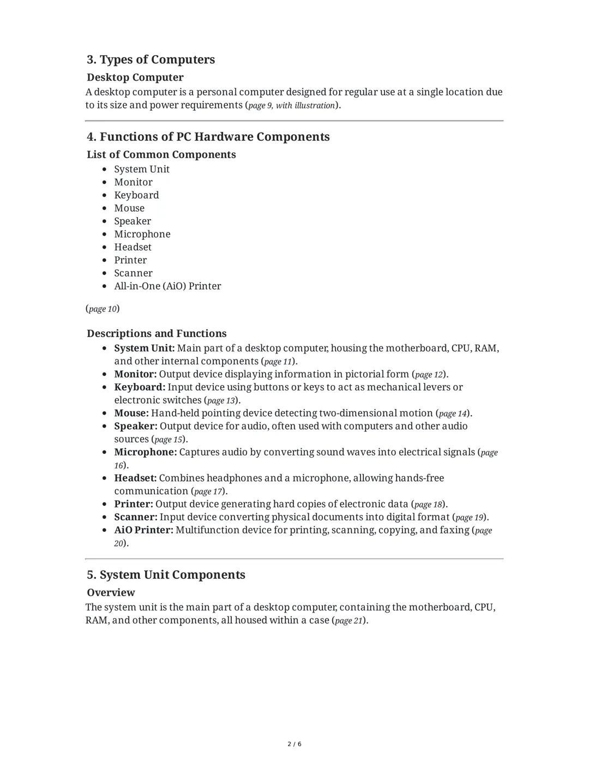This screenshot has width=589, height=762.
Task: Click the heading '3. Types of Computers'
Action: tap(151, 59)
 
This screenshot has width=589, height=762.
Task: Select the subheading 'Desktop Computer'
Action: tap(135, 77)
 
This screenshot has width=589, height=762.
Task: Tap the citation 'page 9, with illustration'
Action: tap(291, 105)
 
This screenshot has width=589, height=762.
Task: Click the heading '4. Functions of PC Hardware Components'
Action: tap(208, 137)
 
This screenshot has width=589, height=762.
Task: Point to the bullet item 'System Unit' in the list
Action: tap(142, 169)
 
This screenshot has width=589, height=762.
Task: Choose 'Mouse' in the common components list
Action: tap(129, 208)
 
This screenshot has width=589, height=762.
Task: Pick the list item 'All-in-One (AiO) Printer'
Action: tap(167, 286)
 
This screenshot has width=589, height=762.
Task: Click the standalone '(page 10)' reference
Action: tap(103, 309)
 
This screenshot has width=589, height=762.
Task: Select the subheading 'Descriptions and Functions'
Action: tap(157, 333)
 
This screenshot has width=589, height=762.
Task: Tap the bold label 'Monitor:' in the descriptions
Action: tap(135, 374)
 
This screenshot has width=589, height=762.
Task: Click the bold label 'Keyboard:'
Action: tap(140, 387)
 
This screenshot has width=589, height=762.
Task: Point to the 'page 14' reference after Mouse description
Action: tap(453, 413)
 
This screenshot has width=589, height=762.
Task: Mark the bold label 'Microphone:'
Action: tap(145, 452)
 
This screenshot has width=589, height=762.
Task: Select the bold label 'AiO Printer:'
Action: tap(143, 530)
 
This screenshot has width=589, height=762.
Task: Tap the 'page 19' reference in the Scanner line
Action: tap(470, 517)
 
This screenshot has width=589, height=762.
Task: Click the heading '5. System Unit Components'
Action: tap(166, 575)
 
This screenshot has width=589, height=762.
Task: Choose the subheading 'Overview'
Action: tap(111, 592)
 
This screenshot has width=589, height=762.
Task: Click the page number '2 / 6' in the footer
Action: tap(294, 744)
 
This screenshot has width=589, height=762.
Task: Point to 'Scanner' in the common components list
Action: tap(133, 273)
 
